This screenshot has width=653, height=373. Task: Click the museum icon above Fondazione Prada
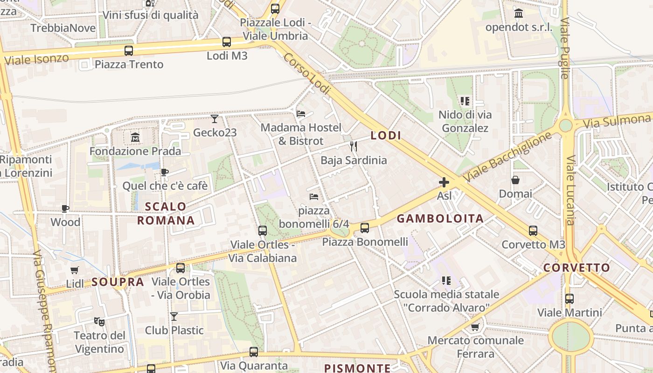click(x=135, y=138)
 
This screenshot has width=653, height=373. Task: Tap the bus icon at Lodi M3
click(x=227, y=42)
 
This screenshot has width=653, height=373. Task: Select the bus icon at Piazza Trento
click(x=129, y=50)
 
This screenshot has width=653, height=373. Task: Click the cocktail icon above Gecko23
click(x=215, y=119)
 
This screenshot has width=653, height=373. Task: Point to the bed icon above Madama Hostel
click(x=301, y=113)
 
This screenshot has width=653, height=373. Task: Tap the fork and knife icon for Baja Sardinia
click(x=354, y=146)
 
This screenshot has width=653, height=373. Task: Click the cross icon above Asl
click(x=444, y=182)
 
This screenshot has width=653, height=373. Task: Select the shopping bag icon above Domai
click(x=515, y=180)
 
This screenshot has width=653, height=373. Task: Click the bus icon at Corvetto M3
click(x=533, y=230)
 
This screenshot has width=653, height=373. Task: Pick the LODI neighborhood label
click(x=386, y=136)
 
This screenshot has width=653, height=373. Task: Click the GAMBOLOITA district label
click(x=440, y=219)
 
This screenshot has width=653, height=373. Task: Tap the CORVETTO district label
click(x=577, y=268)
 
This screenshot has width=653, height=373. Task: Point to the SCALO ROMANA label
click(x=166, y=214)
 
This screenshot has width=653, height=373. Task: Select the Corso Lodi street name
click(x=306, y=74)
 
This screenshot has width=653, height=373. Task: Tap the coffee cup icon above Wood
click(x=65, y=208)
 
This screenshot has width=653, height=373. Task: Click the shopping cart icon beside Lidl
click(x=75, y=270)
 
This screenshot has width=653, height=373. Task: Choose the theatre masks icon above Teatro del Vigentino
click(x=99, y=321)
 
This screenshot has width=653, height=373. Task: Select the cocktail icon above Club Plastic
click(x=174, y=317)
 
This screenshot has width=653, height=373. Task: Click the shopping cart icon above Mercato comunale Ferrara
click(x=475, y=327)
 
